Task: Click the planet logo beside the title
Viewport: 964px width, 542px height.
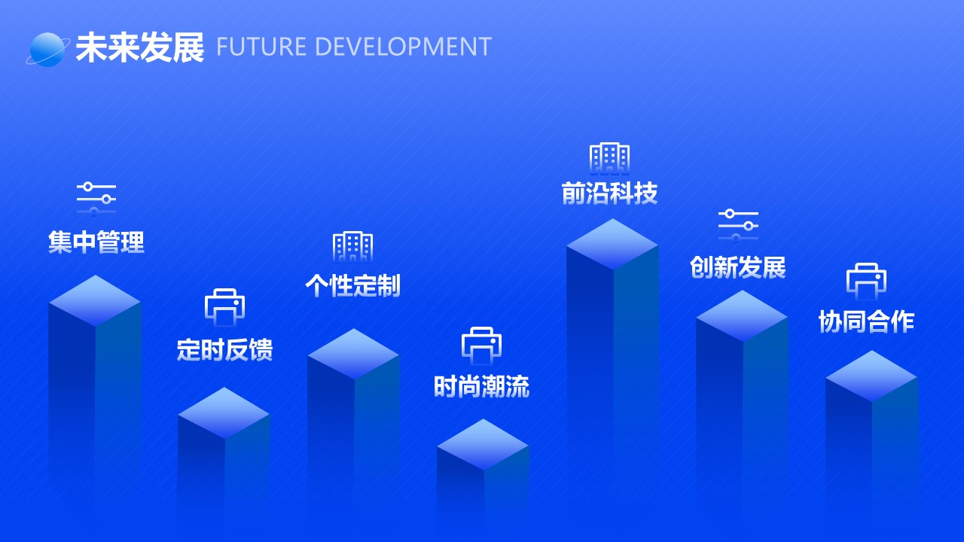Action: click(47, 50)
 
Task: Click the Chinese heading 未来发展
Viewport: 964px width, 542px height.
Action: click(139, 47)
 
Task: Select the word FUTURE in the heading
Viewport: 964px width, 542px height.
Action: click(261, 47)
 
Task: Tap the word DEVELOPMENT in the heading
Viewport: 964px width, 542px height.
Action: click(404, 47)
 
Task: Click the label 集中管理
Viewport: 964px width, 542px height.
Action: click(96, 242)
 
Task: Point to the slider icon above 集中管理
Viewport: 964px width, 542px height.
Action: click(96, 199)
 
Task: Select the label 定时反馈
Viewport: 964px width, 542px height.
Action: click(224, 349)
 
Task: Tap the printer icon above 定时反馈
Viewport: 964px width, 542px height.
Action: click(224, 307)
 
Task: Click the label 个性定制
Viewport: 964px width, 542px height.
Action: click(353, 285)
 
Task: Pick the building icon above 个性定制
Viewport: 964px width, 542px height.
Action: click(353, 246)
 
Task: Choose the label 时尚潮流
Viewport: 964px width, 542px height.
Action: click(481, 386)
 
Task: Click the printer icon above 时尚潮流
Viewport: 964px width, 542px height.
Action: click(481, 346)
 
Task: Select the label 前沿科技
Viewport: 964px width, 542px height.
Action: click(610, 193)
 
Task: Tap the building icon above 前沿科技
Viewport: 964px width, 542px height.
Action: click(610, 158)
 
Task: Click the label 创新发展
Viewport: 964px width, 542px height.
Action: click(738, 267)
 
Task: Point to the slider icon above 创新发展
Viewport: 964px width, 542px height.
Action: click(738, 225)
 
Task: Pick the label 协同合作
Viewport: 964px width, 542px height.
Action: click(866, 321)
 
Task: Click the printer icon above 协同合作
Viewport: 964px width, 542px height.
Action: click(866, 282)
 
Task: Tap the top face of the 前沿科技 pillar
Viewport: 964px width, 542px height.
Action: click(612, 245)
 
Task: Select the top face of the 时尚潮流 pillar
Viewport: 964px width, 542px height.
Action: click(483, 444)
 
